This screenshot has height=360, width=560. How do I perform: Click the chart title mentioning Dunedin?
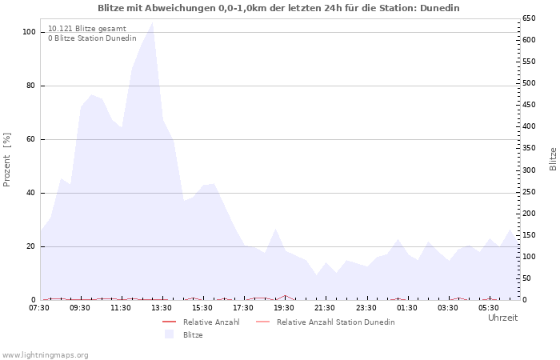coord(278,8)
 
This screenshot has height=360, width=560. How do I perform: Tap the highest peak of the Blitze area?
coord(152,22)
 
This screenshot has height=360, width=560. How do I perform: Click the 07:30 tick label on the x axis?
coord(39,308)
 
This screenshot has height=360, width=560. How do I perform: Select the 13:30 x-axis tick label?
coord(162,308)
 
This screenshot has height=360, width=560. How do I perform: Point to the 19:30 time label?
coord(284,308)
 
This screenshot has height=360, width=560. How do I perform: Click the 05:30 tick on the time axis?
coord(488,308)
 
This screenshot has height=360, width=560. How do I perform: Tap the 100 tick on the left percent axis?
coord(29,32)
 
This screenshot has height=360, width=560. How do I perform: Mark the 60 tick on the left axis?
coord(31,139)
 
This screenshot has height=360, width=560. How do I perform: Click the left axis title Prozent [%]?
coord(7,160)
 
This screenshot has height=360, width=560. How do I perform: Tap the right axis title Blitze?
coord(553,158)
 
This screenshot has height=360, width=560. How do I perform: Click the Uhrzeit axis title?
coord(502,318)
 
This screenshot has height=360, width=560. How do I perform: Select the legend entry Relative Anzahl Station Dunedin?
coord(335,322)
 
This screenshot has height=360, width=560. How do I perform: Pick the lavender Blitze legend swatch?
coord(169,334)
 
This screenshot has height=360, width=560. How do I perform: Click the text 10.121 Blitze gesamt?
coord(86,29)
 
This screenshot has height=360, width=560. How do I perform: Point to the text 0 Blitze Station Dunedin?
coord(92,38)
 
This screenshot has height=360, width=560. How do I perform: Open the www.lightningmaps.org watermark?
coord(46,354)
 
